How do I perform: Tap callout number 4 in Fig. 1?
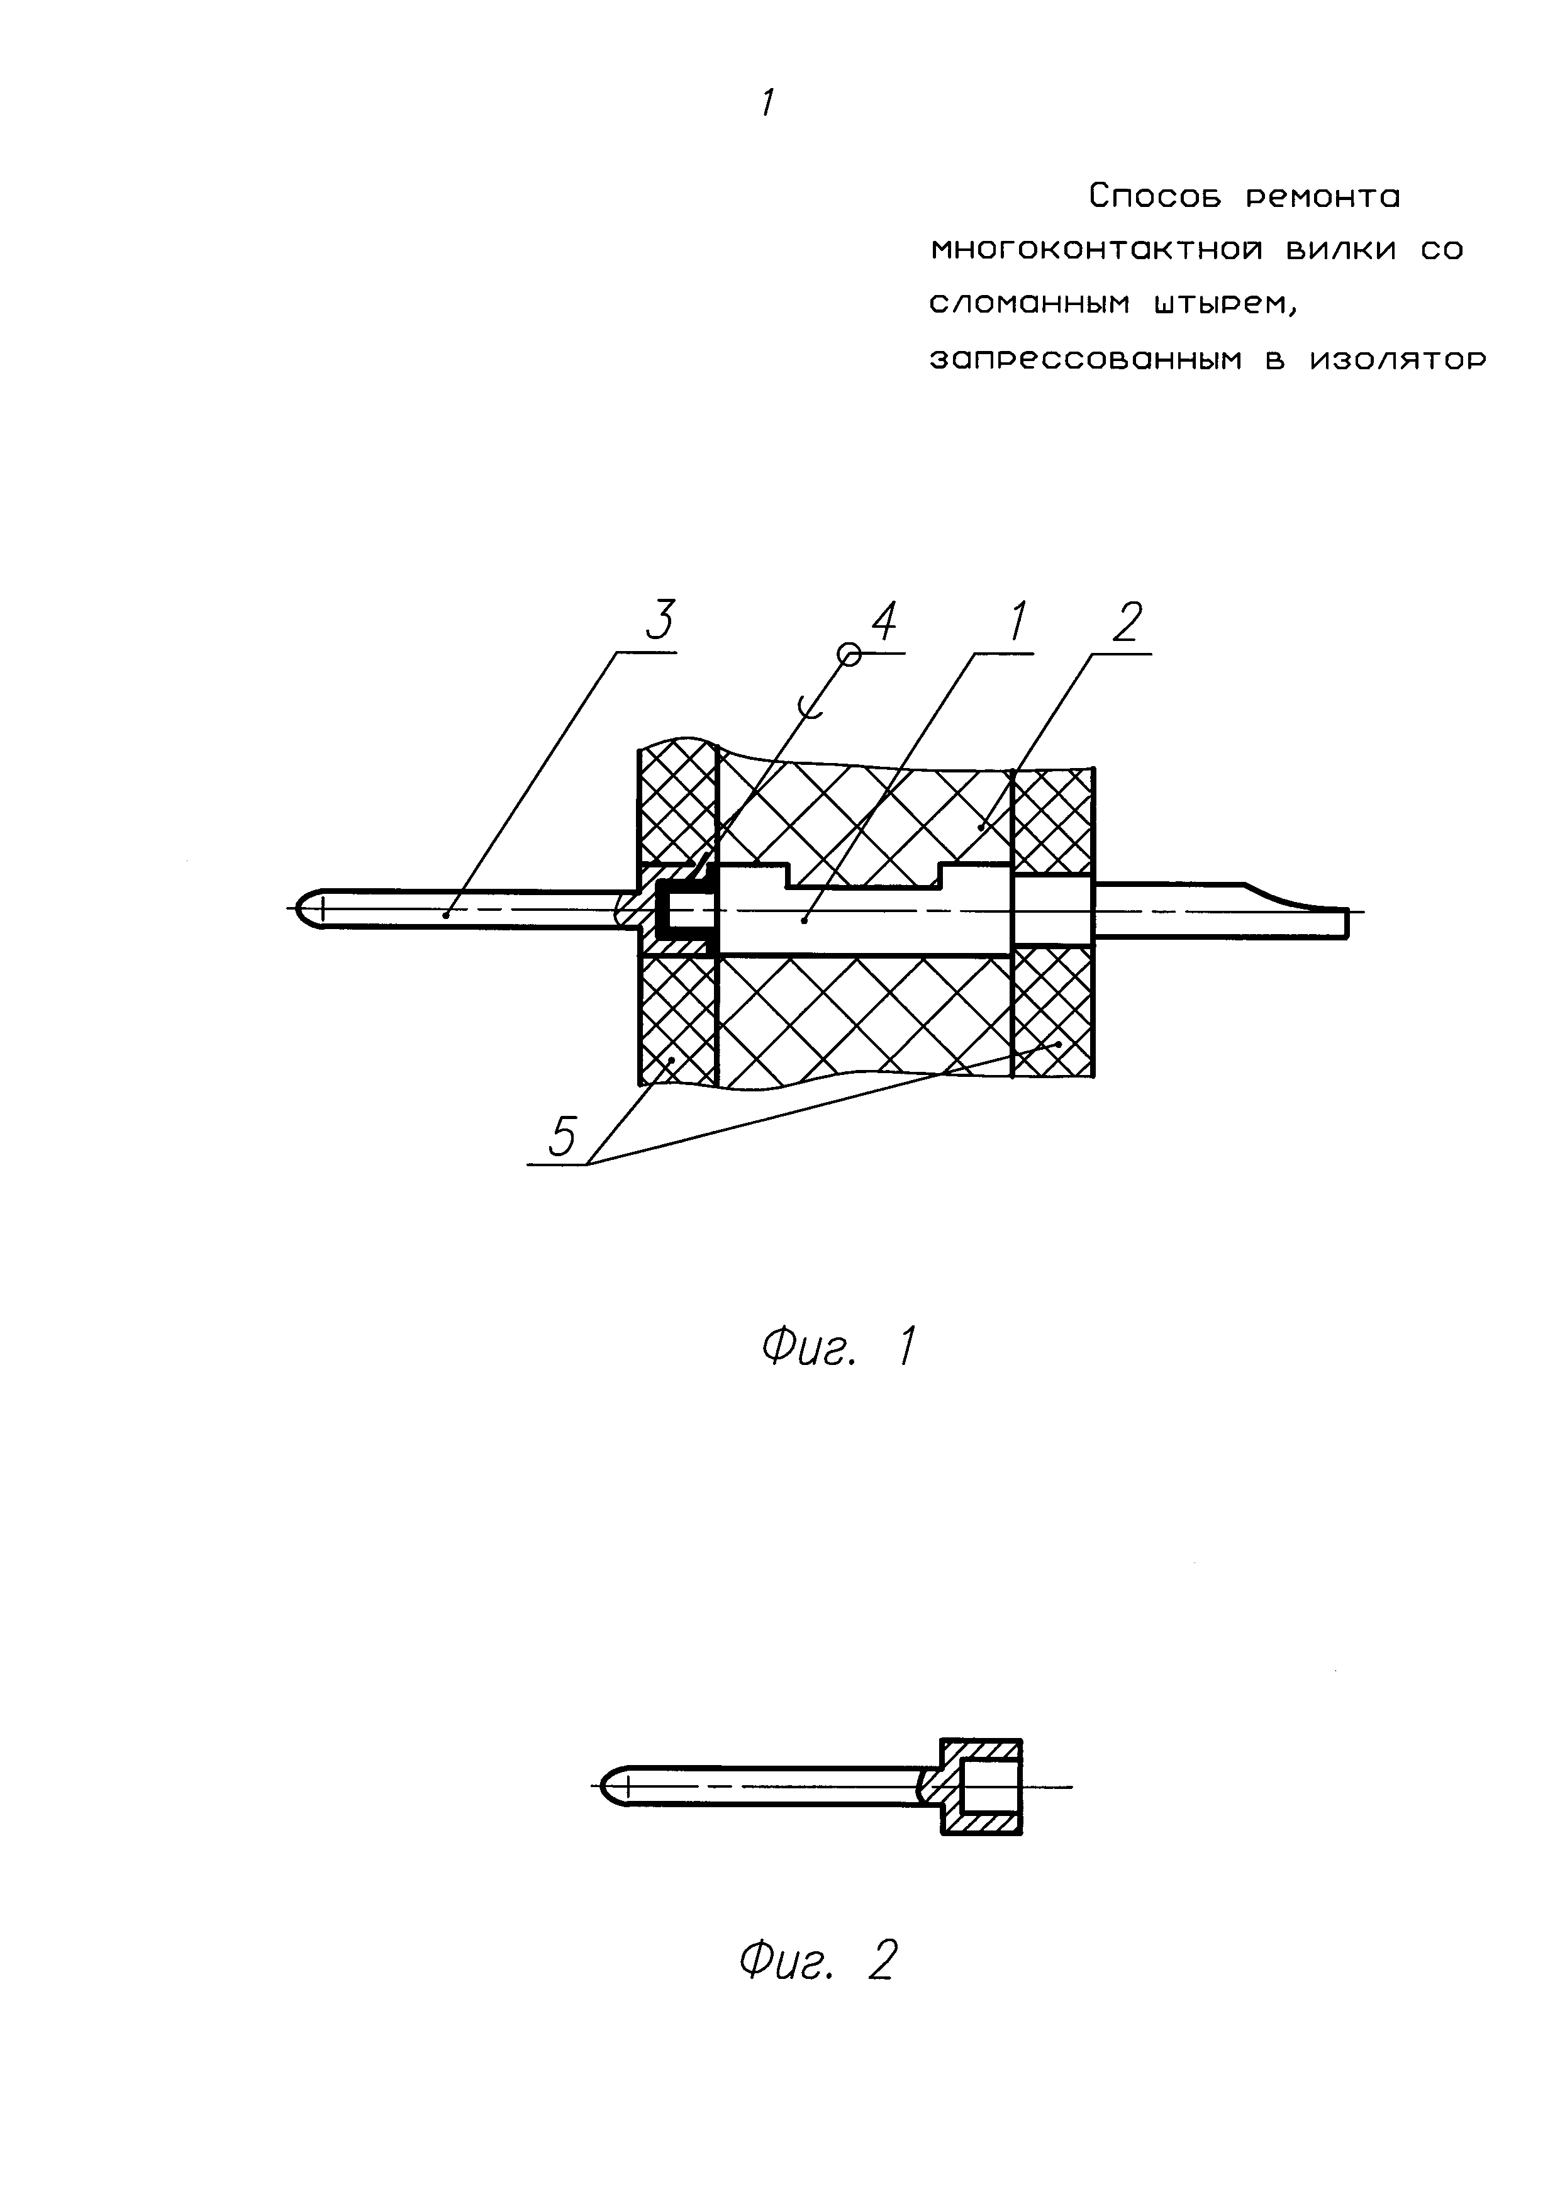[x=884, y=621]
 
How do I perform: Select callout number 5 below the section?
[x=562, y=1137]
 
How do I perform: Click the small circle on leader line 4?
[x=848, y=654]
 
